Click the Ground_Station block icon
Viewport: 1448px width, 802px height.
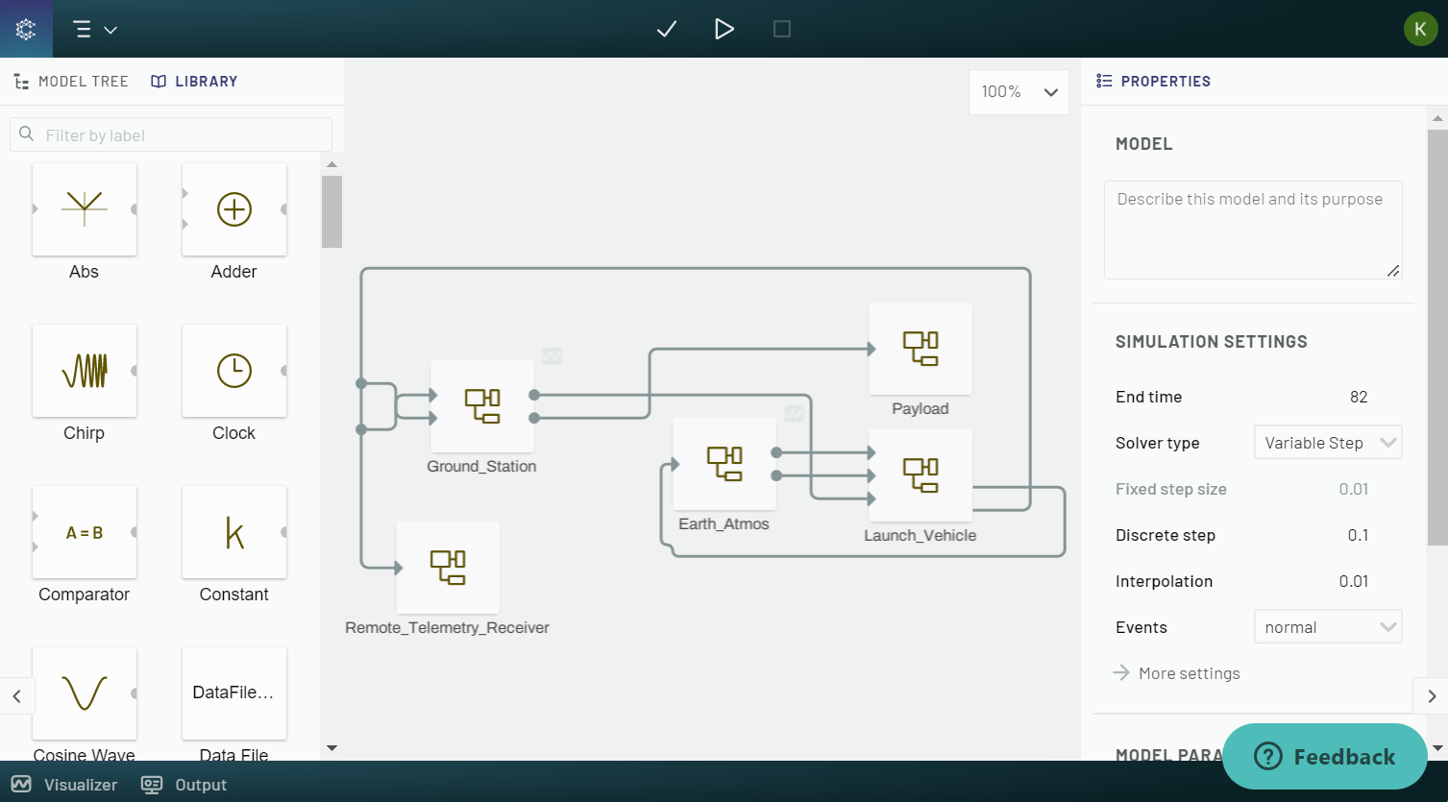[x=482, y=406]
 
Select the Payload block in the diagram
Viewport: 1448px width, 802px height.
[x=920, y=349]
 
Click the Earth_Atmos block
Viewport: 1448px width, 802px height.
[x=724, y=464]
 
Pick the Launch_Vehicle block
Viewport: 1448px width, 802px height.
[x=920, y=475]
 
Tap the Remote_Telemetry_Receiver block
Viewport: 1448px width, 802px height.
[x=448, y=568]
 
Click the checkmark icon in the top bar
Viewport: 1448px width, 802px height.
[x=667, y=30]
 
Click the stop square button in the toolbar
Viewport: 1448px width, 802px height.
[x=782, y=30]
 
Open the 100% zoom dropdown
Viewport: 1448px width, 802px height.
[x=1019, y=92]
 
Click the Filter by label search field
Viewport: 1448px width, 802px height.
[x=183, y=135]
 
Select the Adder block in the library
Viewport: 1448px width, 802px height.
[x=234, y=209]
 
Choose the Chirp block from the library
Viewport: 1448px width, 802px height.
[x=85, y=371]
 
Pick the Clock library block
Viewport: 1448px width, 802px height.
[x=234, y=371]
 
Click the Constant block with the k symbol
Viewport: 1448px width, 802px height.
[x=234, y=532]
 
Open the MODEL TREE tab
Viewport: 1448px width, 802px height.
[x=72, y=82]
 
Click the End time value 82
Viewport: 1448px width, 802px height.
[x=1358, y=397]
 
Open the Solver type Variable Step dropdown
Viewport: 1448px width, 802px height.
[x=1328, y=443]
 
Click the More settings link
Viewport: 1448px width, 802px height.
[x=1189, y=673]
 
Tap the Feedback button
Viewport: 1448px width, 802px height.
[x=1325, y=756]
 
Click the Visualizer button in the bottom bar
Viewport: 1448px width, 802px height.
[x=65, y=785]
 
